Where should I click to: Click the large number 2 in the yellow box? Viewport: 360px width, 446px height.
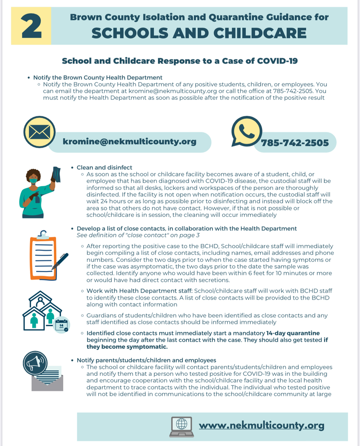31,27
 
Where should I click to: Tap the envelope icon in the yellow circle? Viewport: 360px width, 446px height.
39,132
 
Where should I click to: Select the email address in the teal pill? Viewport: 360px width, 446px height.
129,142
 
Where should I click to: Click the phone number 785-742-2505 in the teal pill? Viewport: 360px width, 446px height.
295,142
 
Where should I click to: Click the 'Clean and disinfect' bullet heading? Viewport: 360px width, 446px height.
104,167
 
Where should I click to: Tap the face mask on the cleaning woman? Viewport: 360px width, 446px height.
33,180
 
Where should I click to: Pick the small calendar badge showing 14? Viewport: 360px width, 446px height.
61,324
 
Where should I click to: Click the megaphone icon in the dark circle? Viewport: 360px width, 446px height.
35,363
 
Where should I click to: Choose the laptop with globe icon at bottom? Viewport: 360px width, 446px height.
181,426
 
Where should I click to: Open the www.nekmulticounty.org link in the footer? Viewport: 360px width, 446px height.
261,425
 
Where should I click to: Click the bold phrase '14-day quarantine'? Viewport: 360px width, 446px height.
293,333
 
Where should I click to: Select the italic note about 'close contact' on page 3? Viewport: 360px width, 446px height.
138,235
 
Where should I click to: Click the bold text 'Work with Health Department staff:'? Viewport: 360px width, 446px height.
139,291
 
